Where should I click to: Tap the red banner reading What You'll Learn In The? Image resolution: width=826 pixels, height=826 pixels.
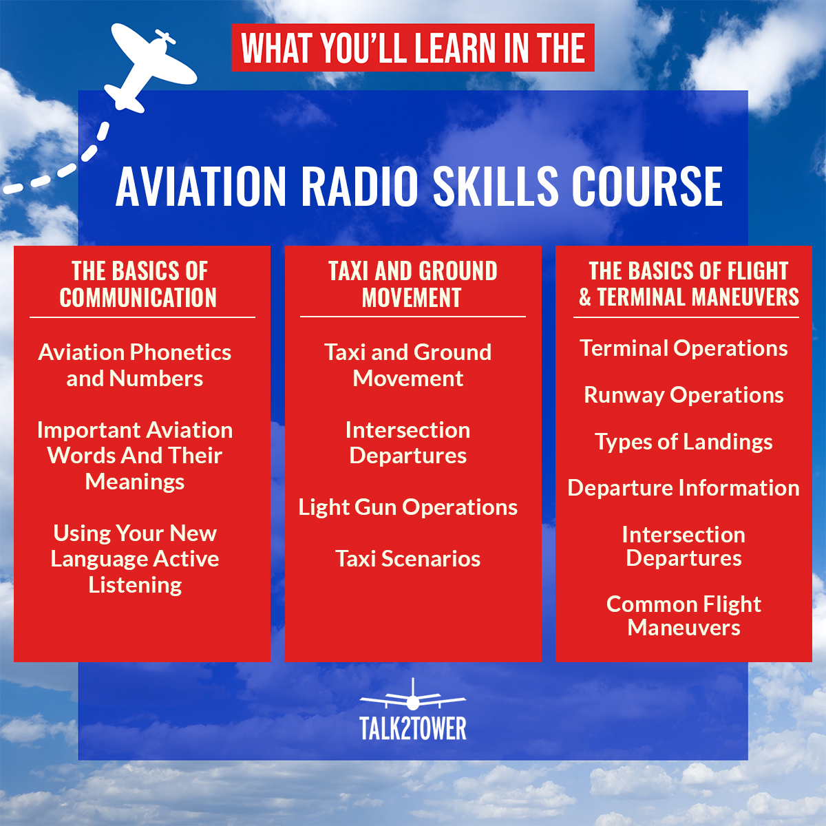pyautogui.click(x=412, y=48)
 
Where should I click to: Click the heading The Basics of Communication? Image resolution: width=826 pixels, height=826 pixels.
pyautogui.click(x=139, y=284)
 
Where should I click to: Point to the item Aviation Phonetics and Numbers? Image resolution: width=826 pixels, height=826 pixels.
pyautogui.click(x=135, y=366)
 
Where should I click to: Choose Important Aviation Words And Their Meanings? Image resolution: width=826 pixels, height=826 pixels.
pyautogui.click(x=135, y=456)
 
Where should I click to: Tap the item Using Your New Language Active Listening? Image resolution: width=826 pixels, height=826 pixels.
pyautogui.click(x=135, y=559)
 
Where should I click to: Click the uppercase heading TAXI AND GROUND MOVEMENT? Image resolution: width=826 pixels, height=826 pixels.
pyautogui.click(x=412, y=284)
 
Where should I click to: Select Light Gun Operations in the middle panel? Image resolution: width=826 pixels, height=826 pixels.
pyautogui.click(x=408, y=507)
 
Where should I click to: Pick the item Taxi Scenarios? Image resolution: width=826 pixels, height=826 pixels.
pyautogui.click(x=408, y=559)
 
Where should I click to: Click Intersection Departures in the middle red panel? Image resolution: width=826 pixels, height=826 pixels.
pyautogui.click(x=408, y=443)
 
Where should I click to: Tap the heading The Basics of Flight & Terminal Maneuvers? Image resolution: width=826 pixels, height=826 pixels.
pyautogui.click(x=688, y=284)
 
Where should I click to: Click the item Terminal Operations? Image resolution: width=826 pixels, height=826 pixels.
pyautogui.click(x=684, y=348)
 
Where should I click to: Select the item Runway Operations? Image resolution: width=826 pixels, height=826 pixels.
pyautogui.click(x=684, y=395)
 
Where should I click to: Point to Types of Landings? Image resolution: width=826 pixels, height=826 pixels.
pyautogui.click(x=684, y=442)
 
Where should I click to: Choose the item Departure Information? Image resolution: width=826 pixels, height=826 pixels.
pyautogui.click(x=684, y=488)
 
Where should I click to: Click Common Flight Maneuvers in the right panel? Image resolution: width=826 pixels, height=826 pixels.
pyautogui.click(x=684, y=616)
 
